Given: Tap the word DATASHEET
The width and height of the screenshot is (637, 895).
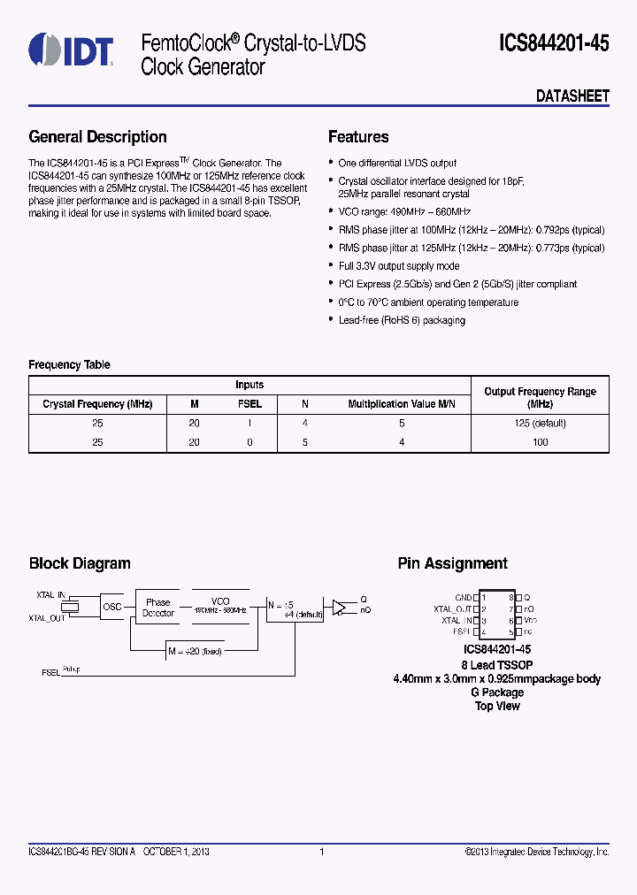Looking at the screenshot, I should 572,96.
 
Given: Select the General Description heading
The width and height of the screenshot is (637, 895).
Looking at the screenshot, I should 97,137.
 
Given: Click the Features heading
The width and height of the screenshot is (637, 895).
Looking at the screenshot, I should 358,137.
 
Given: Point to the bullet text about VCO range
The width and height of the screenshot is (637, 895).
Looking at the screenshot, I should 404,212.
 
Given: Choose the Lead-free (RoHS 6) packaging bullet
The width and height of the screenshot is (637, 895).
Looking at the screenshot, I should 402,320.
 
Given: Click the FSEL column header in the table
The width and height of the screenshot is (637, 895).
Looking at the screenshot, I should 249,404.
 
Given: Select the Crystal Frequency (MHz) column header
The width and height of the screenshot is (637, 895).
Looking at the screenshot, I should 97,404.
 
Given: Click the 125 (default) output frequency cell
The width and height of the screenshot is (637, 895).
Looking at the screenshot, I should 540,423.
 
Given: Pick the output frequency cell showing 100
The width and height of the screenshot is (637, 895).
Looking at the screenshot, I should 540,441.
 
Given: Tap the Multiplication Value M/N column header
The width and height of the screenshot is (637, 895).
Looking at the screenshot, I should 401,404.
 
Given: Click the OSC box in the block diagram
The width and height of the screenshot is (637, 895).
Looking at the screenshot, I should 112,607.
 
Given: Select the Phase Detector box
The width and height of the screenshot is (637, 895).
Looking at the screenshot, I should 158,608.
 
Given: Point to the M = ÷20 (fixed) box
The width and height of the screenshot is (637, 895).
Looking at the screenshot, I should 195,652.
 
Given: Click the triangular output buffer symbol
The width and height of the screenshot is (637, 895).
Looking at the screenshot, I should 339,607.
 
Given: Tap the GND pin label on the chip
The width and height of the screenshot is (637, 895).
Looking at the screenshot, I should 463,598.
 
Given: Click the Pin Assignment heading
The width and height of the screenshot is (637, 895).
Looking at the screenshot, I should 452,563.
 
